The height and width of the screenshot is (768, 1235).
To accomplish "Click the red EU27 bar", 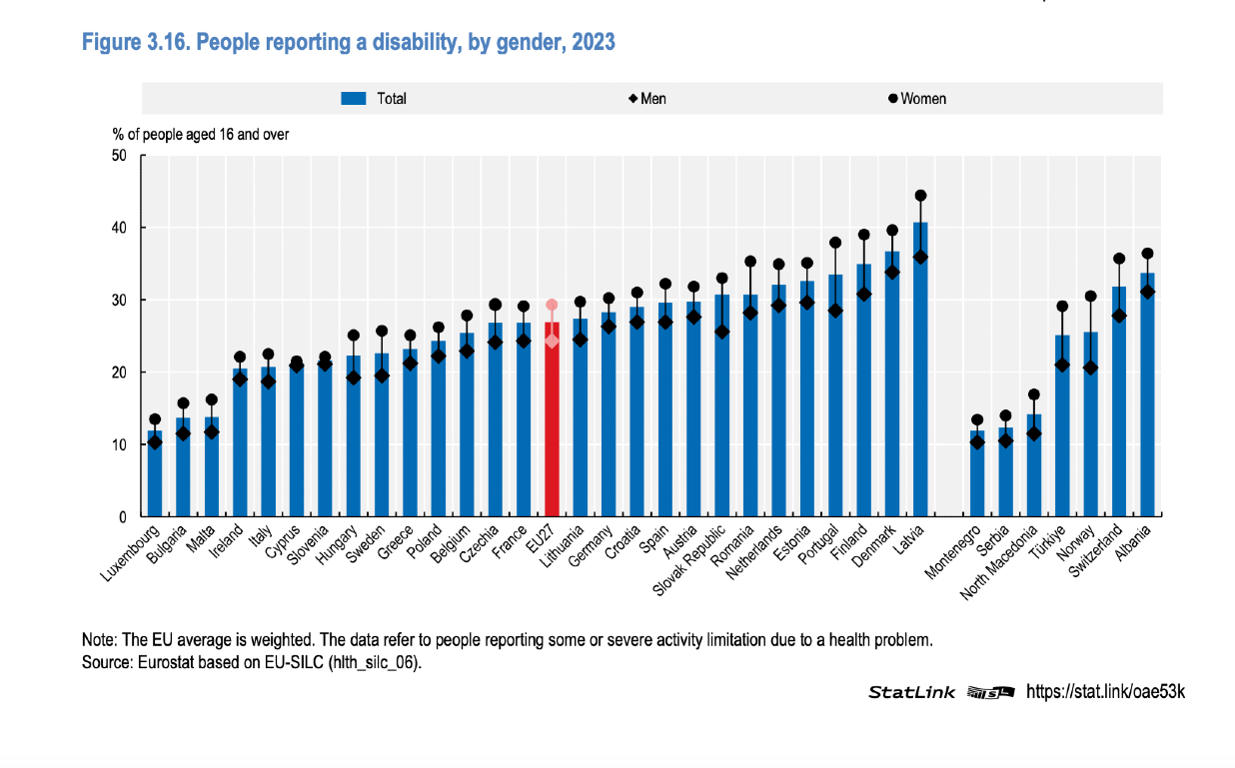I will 552,419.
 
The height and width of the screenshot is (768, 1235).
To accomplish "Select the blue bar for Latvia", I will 920,370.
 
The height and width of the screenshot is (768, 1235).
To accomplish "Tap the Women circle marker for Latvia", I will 920,196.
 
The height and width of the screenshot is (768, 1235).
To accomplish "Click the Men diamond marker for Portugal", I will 835,311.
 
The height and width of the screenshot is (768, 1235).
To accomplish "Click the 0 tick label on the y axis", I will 122,517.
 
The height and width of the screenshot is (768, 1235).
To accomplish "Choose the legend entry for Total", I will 374,99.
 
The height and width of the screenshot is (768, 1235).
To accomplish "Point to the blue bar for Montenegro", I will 976,474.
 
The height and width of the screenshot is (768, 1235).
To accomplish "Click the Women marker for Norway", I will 1090,297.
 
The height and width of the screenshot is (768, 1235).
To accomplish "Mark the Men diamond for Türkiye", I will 1062,365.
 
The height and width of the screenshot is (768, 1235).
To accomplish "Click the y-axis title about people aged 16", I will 200,134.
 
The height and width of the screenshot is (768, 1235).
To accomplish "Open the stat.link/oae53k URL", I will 1105,691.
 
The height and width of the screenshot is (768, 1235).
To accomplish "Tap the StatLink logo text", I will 911,691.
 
